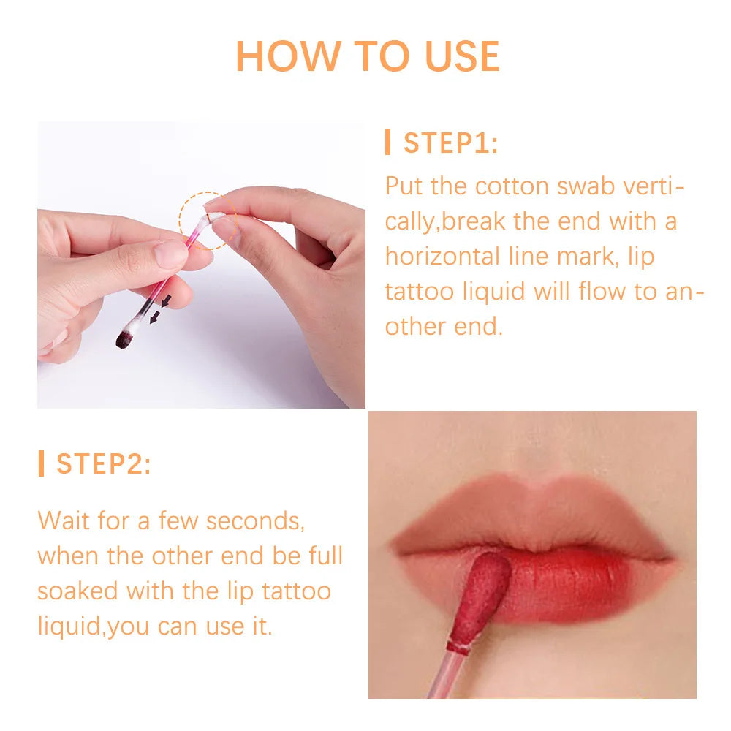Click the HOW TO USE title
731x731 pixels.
[x=368, y=56]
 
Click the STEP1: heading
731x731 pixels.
[x=450, y=143]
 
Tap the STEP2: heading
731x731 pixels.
[x=104, y=464]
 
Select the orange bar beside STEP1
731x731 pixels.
[x=388, y=142]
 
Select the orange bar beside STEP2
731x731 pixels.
[x=42, y=463]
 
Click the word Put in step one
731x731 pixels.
[x=403, y=186]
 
